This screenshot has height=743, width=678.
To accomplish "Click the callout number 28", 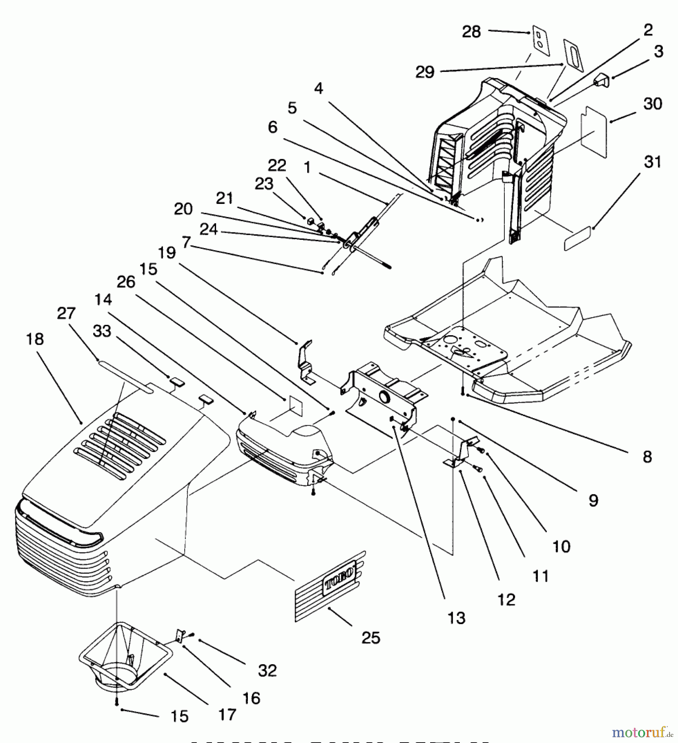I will point(471,32).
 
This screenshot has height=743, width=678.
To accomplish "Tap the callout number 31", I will point(652,162).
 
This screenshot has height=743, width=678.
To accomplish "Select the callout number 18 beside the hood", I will point(35,339).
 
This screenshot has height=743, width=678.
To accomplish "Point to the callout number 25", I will point(370,638).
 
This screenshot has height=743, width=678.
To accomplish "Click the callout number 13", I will point(456,618).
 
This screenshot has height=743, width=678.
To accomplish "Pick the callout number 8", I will point(647,457).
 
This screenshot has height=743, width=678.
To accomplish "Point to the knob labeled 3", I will point(602,80).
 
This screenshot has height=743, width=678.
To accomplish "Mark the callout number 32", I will point(267,670).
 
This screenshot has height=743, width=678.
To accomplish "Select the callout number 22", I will point(277,166).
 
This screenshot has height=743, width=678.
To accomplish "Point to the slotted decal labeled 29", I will point(574,55).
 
